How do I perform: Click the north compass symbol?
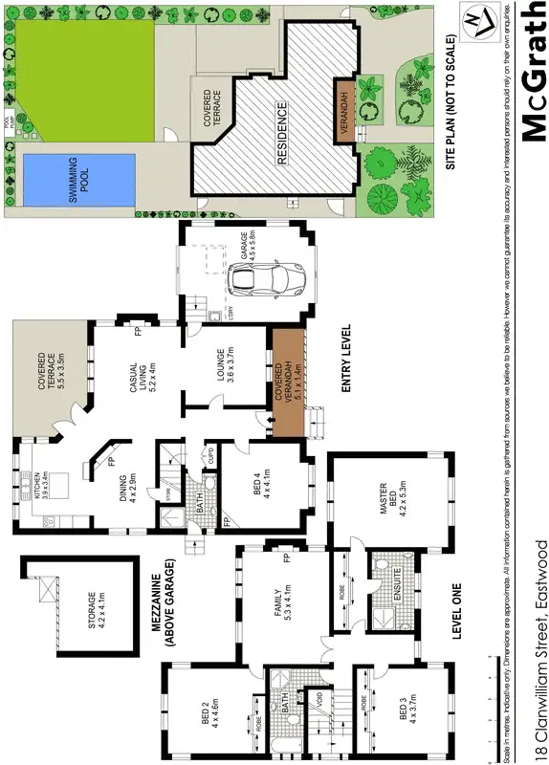(473, 20)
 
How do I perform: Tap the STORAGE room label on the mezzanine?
(93, 611)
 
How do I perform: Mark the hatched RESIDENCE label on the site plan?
(282, 134)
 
